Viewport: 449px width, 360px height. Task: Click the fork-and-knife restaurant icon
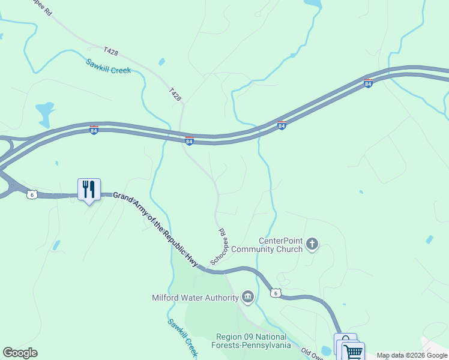pos(89,189)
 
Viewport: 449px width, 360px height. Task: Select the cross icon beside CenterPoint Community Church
pos(312,244)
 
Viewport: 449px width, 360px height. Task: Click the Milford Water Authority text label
pos(194,296)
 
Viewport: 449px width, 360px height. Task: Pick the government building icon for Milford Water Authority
pos(247,296)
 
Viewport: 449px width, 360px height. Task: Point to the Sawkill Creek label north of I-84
pos(108,66)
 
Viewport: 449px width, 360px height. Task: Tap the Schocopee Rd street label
pos(219,246)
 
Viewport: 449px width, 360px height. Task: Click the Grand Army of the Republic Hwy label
pos(155,229)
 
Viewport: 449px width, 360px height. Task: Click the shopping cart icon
pos(353,352)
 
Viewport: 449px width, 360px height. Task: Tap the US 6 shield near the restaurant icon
pos(32,194)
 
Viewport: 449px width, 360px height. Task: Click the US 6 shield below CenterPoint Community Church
pos(275,292)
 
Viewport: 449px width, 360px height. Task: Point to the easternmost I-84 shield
pos(368,83)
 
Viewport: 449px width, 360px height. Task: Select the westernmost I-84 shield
pos(94,130)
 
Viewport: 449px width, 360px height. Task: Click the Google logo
pos(20,353)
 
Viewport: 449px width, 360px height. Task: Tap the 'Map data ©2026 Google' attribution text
pos(412,355)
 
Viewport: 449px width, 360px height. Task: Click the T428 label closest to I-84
pos(175,94)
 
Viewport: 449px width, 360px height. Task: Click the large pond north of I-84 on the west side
pos(44,111)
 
